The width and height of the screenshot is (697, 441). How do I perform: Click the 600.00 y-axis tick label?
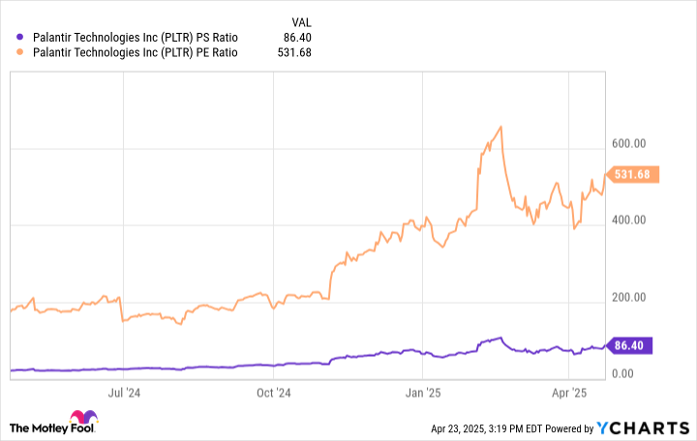628,143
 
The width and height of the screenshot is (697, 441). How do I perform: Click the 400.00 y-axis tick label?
628,220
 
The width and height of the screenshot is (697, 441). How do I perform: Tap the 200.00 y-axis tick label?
628,297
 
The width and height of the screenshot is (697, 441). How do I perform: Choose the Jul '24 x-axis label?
124,393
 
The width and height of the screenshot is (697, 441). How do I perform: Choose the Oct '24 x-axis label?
274,393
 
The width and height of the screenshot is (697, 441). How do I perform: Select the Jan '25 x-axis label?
423,393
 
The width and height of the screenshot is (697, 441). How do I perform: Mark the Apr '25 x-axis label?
570,393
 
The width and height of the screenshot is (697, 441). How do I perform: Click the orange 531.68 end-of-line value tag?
633,175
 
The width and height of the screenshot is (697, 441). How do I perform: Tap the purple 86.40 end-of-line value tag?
633,344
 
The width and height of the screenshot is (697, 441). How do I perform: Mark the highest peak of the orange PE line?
500,127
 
